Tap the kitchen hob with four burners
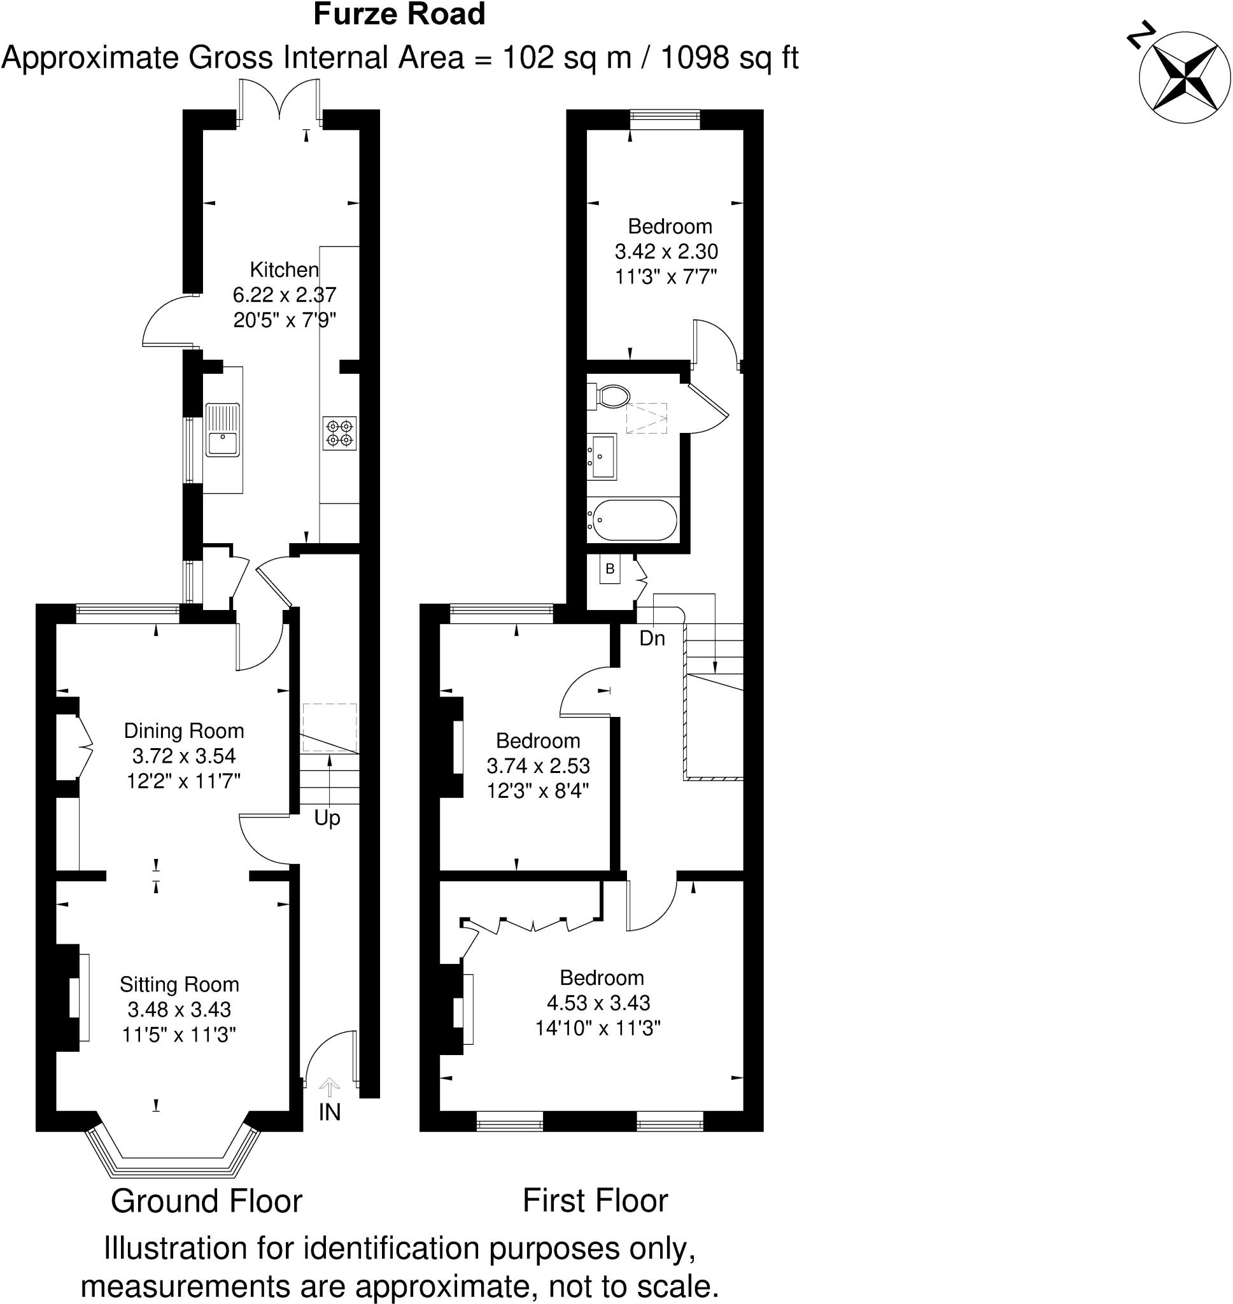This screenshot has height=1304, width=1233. (339, 433)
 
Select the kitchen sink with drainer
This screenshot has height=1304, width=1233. (222, 430)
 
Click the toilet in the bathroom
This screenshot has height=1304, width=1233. (609, 396)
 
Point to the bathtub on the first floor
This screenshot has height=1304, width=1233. (631, 520)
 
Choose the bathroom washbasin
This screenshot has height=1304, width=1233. (602, 456)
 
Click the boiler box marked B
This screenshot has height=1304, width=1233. (610, 569)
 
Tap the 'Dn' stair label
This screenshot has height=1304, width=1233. (652, 638)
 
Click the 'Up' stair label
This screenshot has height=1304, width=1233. (327, 818)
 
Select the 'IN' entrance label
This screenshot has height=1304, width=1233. (329, 1112)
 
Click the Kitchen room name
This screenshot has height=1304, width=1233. (284, 269)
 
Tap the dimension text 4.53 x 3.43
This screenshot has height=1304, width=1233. (598, 1003)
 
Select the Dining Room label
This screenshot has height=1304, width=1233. (184, 731)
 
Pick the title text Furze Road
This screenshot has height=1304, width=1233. (399, 15)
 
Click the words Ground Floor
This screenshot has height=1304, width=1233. (206, 1201)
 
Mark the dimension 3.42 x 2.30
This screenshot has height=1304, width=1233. (666, 251)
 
